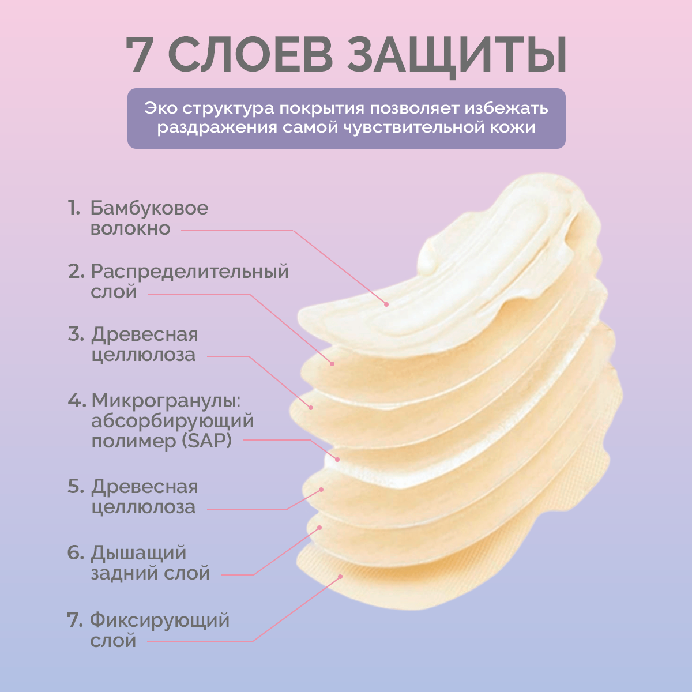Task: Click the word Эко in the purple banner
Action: pyautogui.click(x=160, y=108)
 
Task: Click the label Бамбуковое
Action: pyautogui.click(x=149, y=208)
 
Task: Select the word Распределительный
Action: pyautogui.click(x=190, y=272)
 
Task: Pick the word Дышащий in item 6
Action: pyautogui.click(x=138, y=553)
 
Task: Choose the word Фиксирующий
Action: pyautogui.click(x=160, y=621)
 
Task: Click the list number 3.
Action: pyautogui.click(x=76, y=334)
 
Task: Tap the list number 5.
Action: pyautogui.click(x=76, y=487)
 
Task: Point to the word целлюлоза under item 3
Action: pyautogui.click(x=143, y=355)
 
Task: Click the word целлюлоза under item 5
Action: pyautogui.click(x=143, y=507)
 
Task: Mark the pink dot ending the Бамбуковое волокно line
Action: pyautogui.click(x=386, y=304)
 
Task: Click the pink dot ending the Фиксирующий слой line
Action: pyautogui.click(x=341, y=576)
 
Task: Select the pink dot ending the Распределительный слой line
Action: pyautogui.click(x=332, y=363)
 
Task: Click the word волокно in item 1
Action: pyautogui.click(x=130, y=229)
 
